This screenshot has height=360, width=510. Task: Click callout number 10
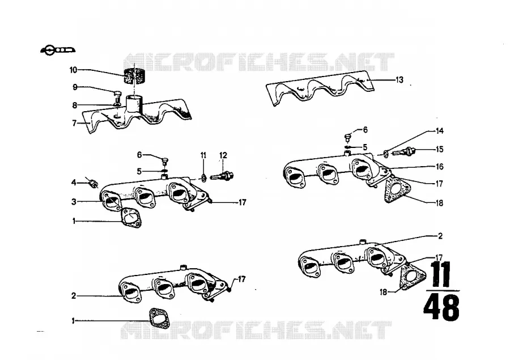click(x=73, y=70)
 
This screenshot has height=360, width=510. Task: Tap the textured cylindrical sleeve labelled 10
click(x=134, y=76)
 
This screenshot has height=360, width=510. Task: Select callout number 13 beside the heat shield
click(x=399, y=80)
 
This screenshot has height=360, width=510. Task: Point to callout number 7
click(x=74, y=124)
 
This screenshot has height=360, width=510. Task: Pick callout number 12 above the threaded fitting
click(x=223, y=155)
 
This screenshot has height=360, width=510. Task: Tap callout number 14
click(x=439, y=131)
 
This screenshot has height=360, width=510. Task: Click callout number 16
click(x=439, y=167)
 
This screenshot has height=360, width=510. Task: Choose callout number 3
click(x=74, y=202)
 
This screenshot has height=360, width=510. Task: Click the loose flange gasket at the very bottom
click(x=159, y=317)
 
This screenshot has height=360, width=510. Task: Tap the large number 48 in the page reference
click(x=441, y=307)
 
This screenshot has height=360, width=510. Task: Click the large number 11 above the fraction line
click(x=441, y=273)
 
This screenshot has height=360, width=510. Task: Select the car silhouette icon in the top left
click(x=58, y=50)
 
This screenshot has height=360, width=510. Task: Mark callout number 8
click(x=74, y=105)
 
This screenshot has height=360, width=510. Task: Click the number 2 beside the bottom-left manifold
click(x=74, y=296)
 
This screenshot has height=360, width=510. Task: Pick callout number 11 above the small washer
click(x=203, y=155)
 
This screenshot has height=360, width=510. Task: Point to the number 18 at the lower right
click(x=384, y=292)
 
